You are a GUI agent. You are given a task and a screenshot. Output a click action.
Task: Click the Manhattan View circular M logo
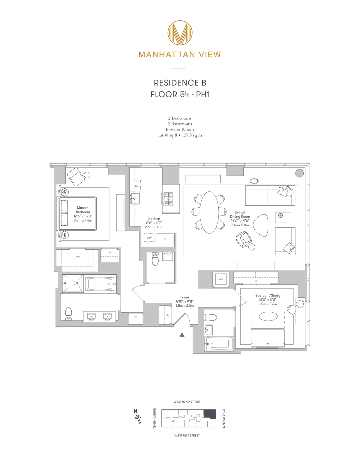coord(180,33)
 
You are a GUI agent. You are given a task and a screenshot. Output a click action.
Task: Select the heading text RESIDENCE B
coord(180,83)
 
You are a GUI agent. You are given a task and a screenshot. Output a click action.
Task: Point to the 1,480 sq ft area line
coord(180,135)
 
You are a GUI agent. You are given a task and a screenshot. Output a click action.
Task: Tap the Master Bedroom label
coord(83,210)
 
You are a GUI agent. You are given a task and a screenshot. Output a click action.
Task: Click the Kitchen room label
coord(154,219)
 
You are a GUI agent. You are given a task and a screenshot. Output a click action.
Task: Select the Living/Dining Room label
coord(240,214)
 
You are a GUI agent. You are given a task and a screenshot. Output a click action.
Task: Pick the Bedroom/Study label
coord(268,296)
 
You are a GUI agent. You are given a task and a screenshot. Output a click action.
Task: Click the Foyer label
coord(185,297)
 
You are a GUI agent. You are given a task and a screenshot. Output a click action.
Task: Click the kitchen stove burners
coord(168,199)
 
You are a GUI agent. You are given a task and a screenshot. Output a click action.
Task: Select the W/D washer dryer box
coord(221,279)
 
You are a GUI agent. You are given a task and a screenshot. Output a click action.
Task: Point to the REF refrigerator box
coord(165,239)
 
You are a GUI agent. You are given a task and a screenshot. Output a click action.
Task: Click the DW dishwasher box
coord(135,186)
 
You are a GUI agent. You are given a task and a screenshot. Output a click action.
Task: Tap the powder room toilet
coord(155,259)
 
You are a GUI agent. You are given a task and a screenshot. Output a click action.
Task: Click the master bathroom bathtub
coord(100,284)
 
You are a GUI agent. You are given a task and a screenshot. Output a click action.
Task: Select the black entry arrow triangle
coord(182,335)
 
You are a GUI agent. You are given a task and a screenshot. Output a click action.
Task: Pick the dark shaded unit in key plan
coord(210,413)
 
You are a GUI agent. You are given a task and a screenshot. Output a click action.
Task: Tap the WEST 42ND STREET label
coord(187,402)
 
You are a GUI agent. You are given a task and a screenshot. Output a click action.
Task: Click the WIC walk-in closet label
coord(78,257)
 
